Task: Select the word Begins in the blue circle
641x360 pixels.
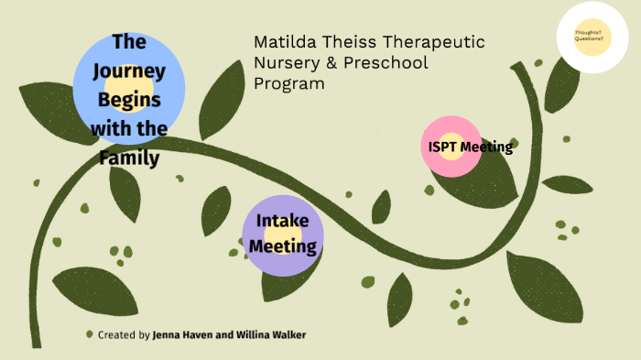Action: (128, 99)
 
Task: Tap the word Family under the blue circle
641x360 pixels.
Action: (128, 158)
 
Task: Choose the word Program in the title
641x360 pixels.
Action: (288, 84)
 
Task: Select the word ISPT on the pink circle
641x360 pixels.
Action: (441, 147)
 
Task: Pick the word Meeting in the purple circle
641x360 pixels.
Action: (283, 245)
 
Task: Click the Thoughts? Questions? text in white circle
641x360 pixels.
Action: (589, 36)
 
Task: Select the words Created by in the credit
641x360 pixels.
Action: (124, 335)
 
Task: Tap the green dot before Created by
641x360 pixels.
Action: (89, 334)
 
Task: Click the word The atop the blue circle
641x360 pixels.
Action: (128, 41)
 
